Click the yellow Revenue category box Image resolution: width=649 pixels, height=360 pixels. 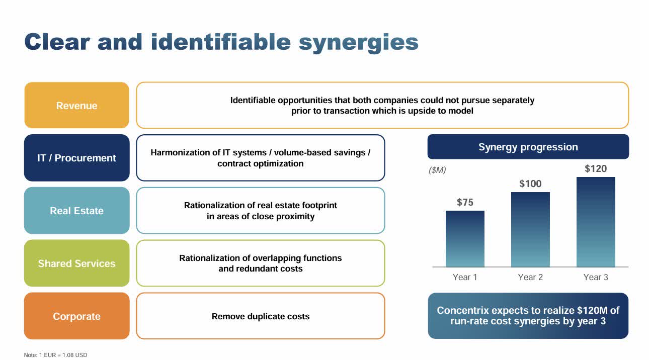76,106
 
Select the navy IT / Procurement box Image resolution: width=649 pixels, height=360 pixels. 76,158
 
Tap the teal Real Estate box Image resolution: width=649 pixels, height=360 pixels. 76,211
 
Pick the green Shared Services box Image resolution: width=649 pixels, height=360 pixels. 76,263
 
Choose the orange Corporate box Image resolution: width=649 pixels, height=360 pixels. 76,316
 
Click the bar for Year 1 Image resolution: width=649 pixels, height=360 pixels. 465,239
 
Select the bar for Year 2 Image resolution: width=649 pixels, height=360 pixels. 530,230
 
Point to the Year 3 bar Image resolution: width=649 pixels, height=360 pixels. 596,222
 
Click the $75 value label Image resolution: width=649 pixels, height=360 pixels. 465,202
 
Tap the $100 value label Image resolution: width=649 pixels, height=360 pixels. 530,184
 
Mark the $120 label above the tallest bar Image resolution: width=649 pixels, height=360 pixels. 596,168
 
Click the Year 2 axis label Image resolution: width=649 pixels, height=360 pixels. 530,277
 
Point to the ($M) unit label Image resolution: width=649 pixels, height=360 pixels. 437,170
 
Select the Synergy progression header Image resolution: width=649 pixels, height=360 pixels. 528,147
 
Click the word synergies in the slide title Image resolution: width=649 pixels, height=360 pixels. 358,43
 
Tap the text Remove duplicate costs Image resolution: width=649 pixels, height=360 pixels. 261,316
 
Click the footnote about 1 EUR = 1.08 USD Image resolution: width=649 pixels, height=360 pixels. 55,355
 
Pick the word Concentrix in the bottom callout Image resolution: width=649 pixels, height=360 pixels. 462,310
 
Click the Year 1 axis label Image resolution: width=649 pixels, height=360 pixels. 465,277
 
